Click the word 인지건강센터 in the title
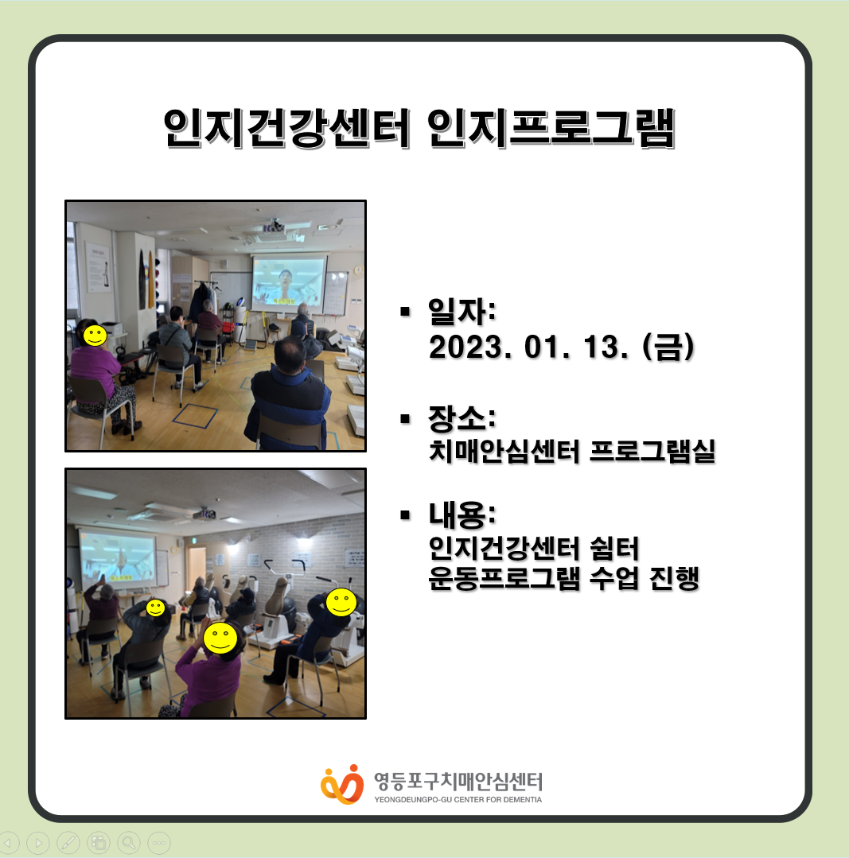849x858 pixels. pyautogui.click(x=286, y=129)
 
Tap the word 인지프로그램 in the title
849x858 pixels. pyautogui.click(x=551, y=129)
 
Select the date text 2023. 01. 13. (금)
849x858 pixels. pyautogui.click(x=562, y=347)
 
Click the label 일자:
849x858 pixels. pyautogui.click(x=462, y=311)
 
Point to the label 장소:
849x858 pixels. pyautogui.click(x=462, y=418)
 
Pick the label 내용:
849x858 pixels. pyautogui.click(x=462, y=514)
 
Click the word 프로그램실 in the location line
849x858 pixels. pyautogui.click(x=652, y=451)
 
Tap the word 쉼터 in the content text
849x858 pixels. pyautogui.click(x=615, y=549)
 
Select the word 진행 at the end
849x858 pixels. pyautogui.click(x=675, y=578)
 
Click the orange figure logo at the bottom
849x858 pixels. pyautogui.click(x=342, y=785)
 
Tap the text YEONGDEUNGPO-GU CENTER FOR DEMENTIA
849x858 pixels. pyautogui.click(x=458, y=799)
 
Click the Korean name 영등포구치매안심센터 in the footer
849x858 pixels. pyautogui.click(x=458, y=782)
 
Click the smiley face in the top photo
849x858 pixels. pyautogui.click(x=95, y=336)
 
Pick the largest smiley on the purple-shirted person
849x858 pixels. pyautogui.click(x=220, y=638)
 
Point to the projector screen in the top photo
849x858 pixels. pyautogui.click(x=289, y=283)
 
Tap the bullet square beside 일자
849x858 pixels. pyautogui.click(x=405, y=312)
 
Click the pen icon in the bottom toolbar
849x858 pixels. pyautogui.click(x=68, y=843)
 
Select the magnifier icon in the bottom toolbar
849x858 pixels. pyautogui.click(x=129, y=843)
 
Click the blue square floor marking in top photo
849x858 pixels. pyautogui.click(x=195, y=415)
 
